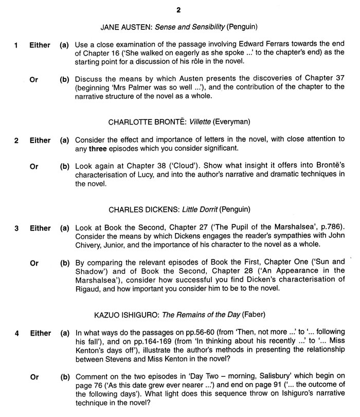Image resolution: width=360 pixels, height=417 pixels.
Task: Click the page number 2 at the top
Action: pos(180,9)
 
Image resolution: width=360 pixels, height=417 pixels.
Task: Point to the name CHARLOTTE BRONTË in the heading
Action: pos(142,122)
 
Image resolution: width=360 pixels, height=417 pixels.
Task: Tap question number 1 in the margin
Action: pos(16,45)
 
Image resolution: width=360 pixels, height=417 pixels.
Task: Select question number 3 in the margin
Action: pos(16,228)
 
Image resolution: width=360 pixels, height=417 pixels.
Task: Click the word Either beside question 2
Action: pos(40,141)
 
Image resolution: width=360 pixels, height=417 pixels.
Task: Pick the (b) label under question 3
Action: pos(65,264)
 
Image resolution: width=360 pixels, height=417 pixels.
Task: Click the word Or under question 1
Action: pos(34,80)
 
